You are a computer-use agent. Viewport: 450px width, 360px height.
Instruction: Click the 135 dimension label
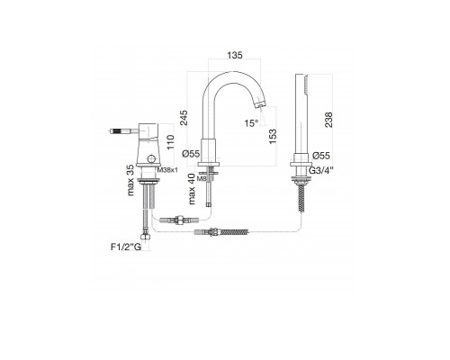tap(235, 55)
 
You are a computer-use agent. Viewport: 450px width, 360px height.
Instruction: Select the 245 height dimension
tap(184, 118)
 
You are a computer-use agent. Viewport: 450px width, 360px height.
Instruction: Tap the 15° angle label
tap(251, 123)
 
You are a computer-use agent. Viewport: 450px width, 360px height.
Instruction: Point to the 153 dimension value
tap(273, 137)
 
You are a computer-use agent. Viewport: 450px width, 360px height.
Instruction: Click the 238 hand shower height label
tap(328, 120)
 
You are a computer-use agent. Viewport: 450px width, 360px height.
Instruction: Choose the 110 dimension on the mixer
tap(170, 142)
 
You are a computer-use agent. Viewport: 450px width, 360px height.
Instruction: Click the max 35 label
tap(130, 180)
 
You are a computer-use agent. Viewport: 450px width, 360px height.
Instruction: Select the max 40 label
tap(192, 189)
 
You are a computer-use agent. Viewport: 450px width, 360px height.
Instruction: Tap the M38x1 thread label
tap(167, 170)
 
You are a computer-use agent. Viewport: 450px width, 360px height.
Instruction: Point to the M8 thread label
tap(202, 179)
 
